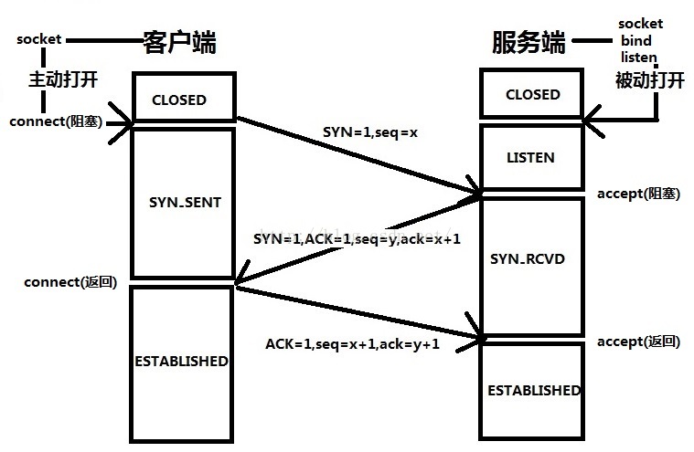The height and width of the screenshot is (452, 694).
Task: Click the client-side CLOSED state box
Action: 179,100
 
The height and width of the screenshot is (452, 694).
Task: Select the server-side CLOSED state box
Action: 532,94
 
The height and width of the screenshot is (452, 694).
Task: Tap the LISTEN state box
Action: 530,157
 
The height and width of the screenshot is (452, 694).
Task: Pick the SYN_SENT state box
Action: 184,203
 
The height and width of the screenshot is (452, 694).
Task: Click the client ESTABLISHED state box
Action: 182,361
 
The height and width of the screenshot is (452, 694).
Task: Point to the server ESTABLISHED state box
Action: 533,390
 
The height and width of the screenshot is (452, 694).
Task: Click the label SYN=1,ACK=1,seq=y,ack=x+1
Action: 357,238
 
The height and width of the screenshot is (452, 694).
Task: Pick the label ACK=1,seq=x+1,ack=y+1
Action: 353,344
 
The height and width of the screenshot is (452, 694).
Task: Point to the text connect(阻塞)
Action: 56,121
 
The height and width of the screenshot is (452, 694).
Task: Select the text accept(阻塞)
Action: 638,194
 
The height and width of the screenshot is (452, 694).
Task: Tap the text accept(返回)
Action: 638,342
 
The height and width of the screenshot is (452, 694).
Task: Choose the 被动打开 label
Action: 649,80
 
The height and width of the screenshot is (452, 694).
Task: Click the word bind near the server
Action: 636,41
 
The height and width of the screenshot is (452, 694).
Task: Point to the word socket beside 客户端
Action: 38,40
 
